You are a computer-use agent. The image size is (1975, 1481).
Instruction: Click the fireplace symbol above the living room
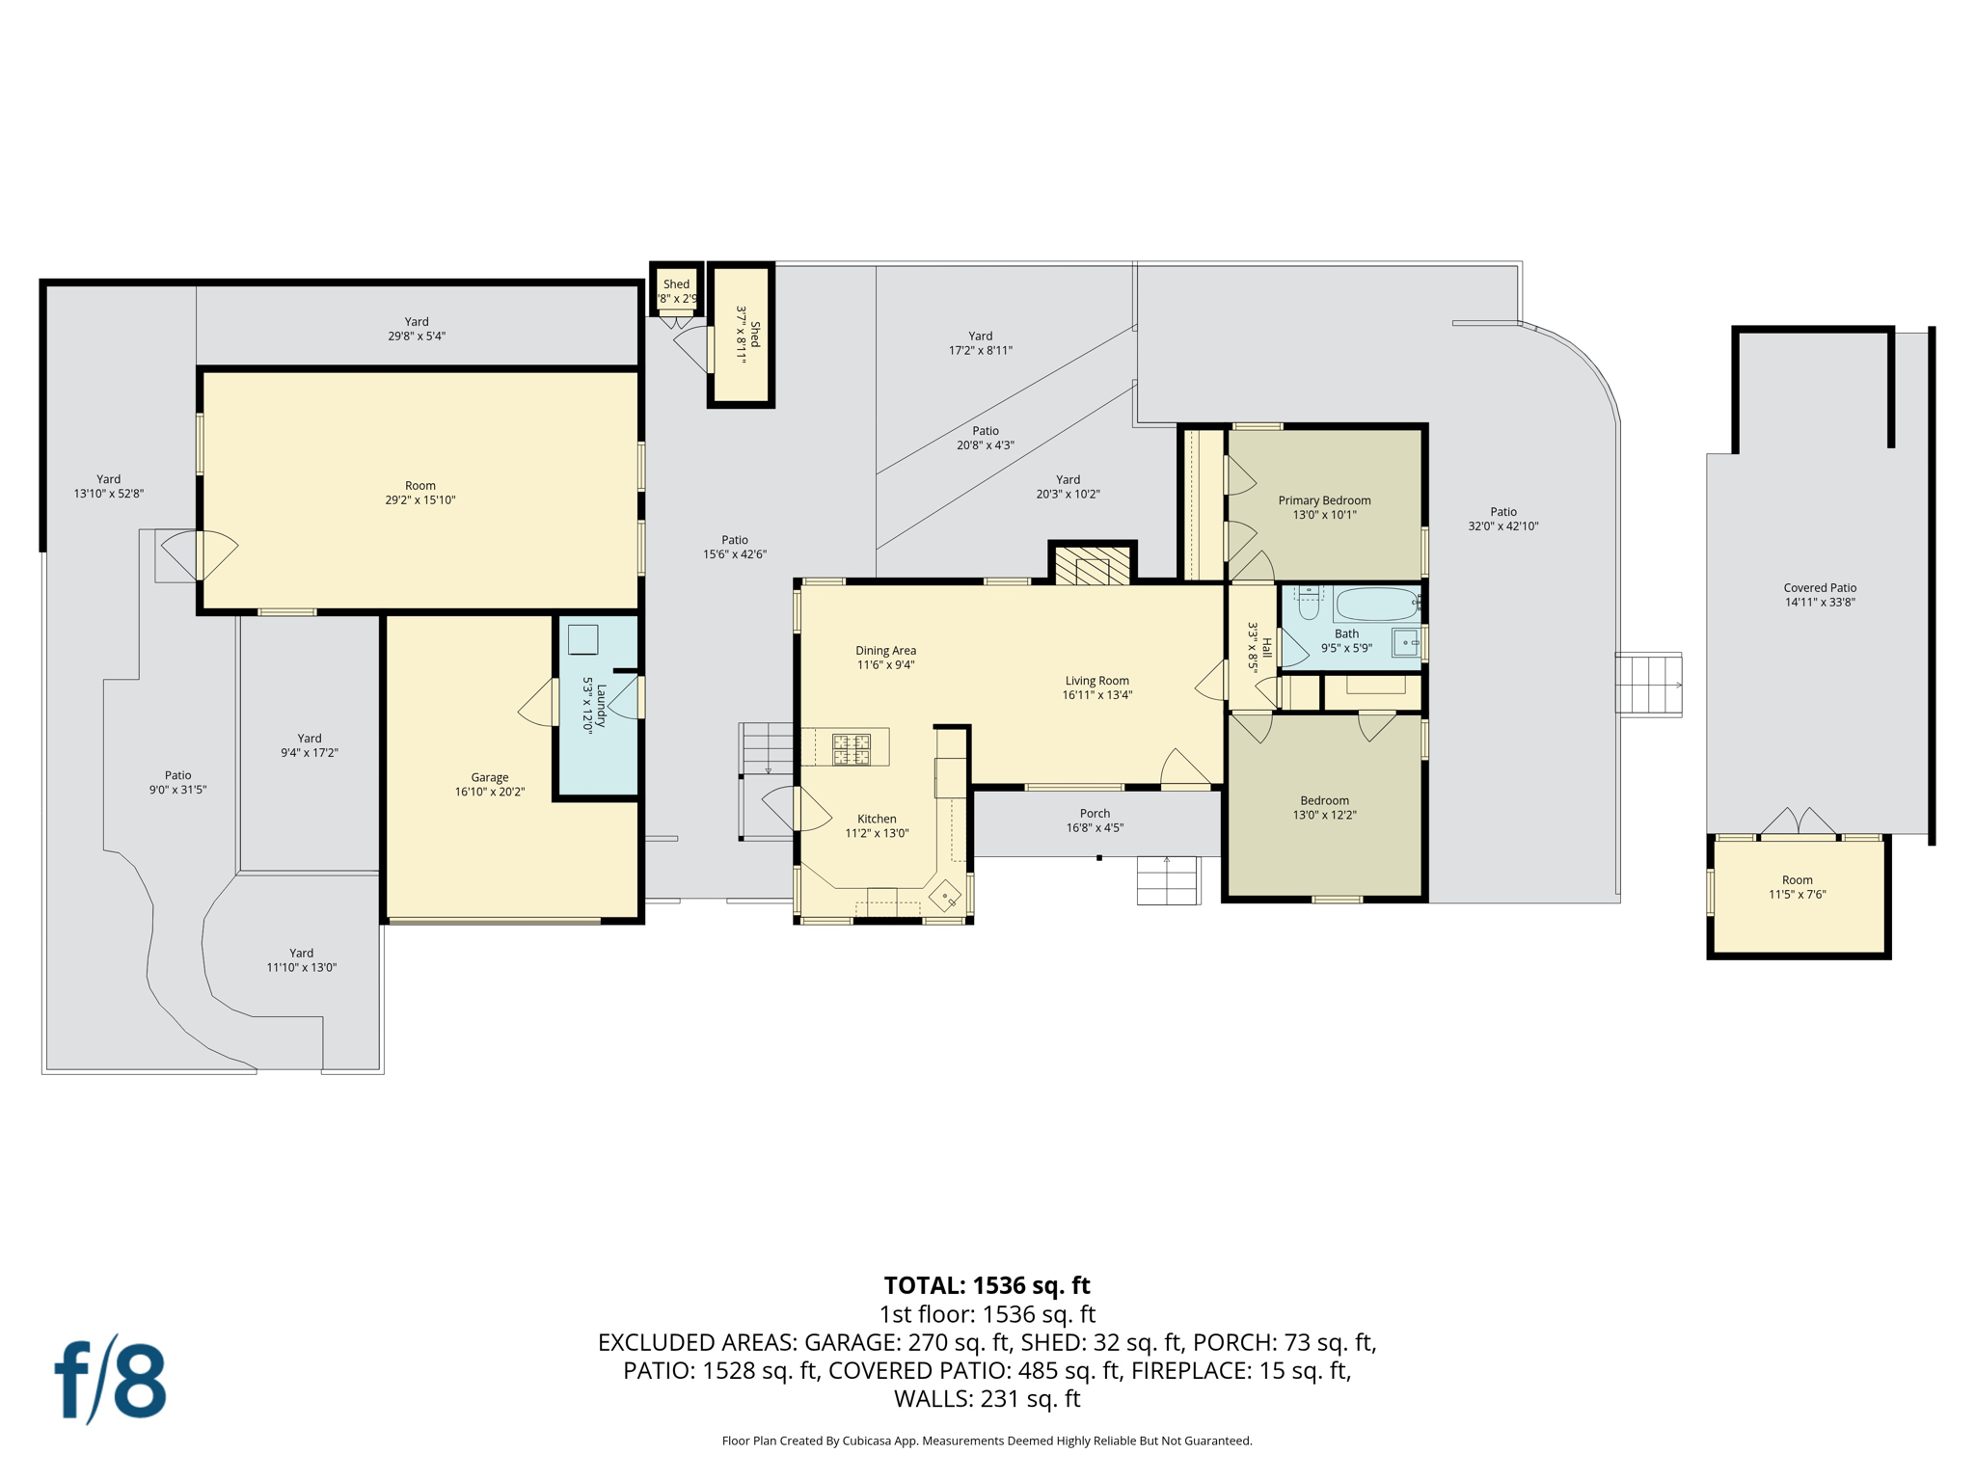(1092, 566)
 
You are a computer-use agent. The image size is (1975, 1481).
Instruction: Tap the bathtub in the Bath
(1376, 605)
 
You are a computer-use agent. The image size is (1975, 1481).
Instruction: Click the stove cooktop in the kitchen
(851, 749)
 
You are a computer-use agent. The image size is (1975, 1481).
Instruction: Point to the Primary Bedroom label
(1324, 500)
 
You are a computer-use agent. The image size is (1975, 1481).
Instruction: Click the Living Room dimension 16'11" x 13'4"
(1096, 695)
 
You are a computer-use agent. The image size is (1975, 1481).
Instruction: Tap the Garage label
(489, 777)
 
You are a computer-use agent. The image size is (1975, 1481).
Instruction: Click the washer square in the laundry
(582, 639)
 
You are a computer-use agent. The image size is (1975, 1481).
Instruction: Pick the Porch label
(1095, 813)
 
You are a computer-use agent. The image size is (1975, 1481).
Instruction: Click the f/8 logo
(110, 1381)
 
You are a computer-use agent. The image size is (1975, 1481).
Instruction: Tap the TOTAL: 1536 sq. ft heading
(987, 1285)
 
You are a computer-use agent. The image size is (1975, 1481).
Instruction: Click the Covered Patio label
(1819, 587)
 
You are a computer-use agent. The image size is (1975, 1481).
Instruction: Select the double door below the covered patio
(1799, 822)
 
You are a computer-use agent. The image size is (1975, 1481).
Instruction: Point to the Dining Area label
(885, 651)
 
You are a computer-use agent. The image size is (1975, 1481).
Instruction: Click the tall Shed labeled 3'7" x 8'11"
(741, 335)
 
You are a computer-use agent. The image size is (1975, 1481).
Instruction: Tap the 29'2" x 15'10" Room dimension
(419, 500)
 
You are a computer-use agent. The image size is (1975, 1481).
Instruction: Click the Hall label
(1266, 647)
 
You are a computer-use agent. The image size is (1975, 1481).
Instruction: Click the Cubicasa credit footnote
(987, 1441)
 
